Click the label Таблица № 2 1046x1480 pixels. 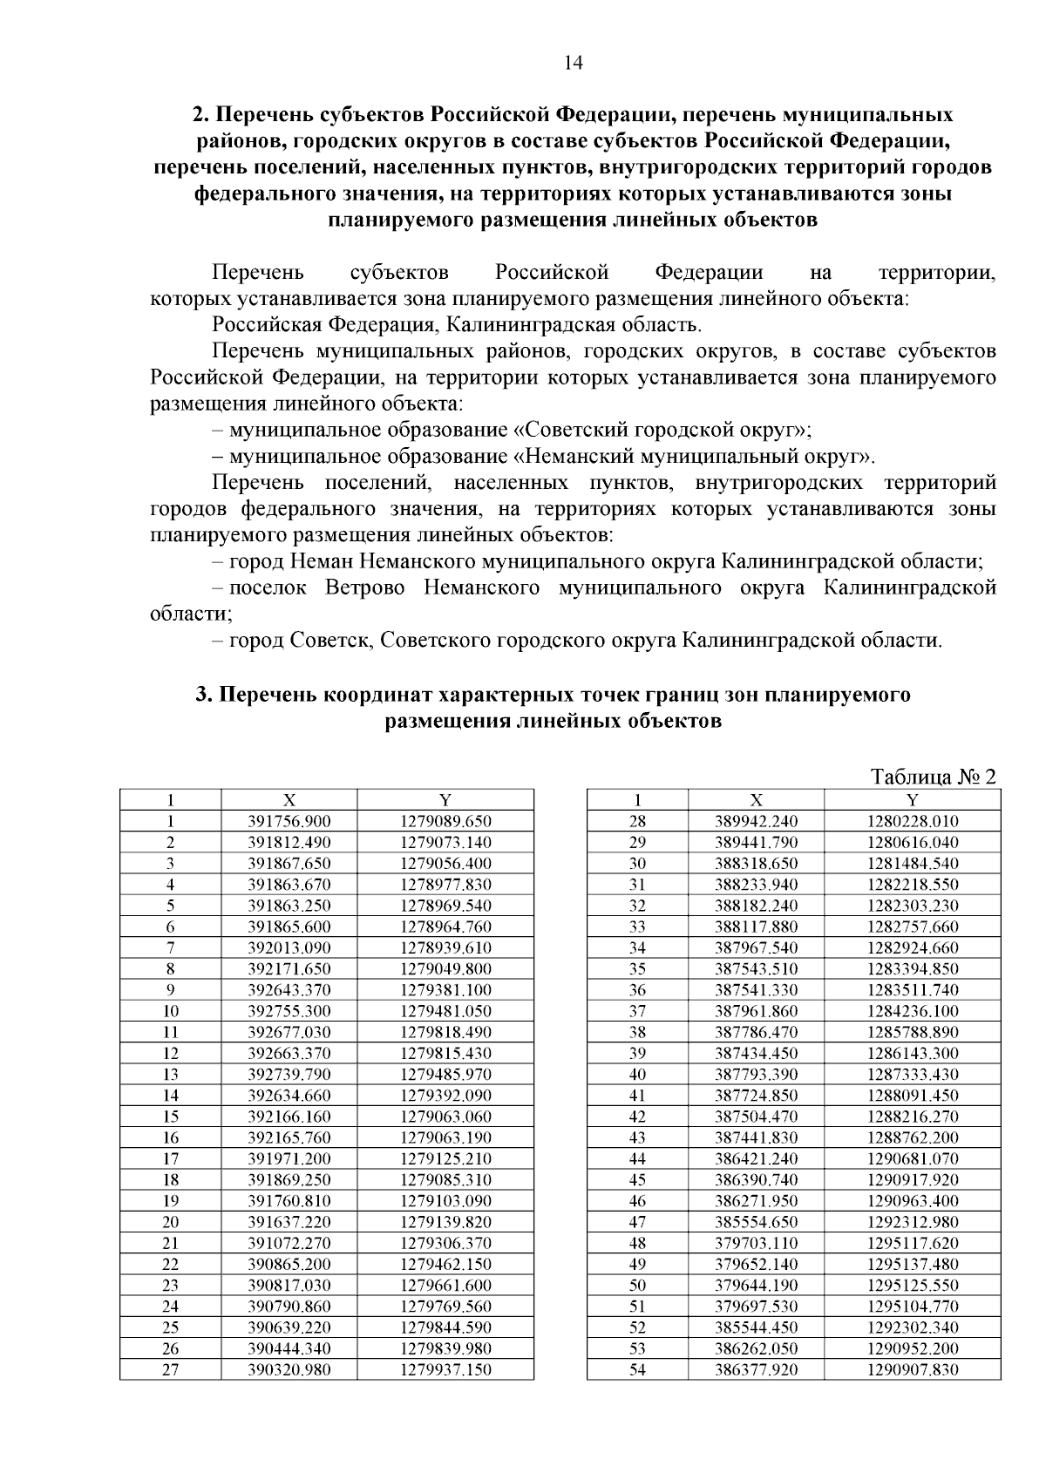(933, 777)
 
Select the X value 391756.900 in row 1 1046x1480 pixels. (289, 821)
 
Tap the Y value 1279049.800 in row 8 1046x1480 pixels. (445, 968)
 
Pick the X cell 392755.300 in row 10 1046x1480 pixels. (289, 1011)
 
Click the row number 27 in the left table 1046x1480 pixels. (170, 1369)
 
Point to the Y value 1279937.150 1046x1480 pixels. (445, 1369)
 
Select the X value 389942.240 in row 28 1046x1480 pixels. (756, 821)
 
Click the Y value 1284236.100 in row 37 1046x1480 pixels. (912, 1011)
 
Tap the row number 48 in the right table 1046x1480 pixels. (637, 1243)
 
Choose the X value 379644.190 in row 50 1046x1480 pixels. (756, 1285)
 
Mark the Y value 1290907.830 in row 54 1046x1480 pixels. (912, 1369)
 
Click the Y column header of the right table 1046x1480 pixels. (912, 800)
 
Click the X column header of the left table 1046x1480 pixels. (289, 800)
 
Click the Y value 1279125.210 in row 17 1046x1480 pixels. (445, 1158)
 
